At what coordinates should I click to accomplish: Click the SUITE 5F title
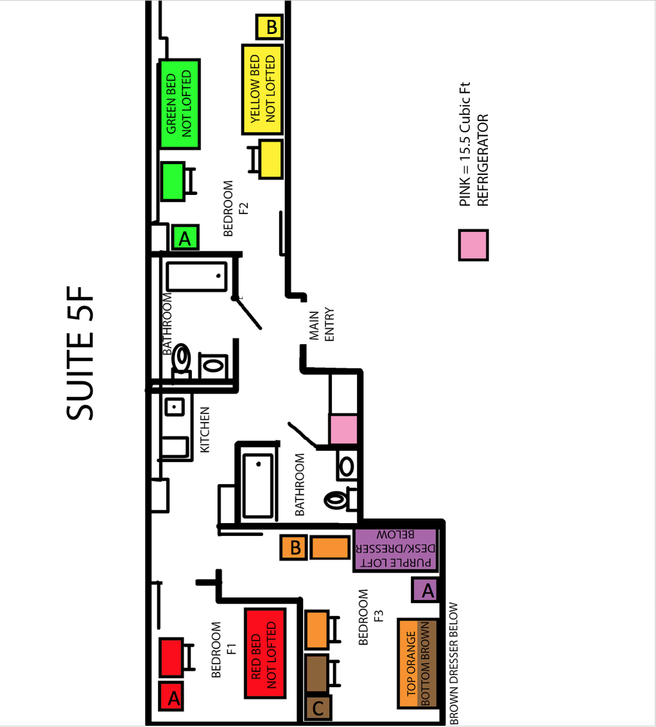click(x=80, y=353)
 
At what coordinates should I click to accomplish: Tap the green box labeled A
click(x=186, y=238)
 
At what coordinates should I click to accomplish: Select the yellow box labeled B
click(x=270, y=27)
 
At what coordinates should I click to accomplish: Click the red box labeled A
click(x=171, y=696)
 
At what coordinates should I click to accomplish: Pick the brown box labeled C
click(x=318, y=708)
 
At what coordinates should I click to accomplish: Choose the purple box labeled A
click(x=425, y=590)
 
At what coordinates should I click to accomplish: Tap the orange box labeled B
click(x=293, y=547)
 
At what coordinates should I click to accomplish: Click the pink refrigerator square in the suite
click(x=343, y=430)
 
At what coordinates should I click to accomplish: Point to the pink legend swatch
click(x=473, y=245)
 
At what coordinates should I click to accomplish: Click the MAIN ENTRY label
click(x=322, y=324)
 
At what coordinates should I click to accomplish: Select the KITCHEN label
click(x=205, y=430)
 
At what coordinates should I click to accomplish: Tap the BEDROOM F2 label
click(x=236, y=208)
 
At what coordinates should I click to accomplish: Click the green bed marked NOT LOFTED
click(x=180, y=104)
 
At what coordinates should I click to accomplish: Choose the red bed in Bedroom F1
click(x=265, y=653)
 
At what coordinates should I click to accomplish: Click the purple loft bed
click(x=396, y=549)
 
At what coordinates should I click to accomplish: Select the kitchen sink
click(x=174, y=407)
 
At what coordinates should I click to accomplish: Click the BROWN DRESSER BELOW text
click(x=453, y=664)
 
